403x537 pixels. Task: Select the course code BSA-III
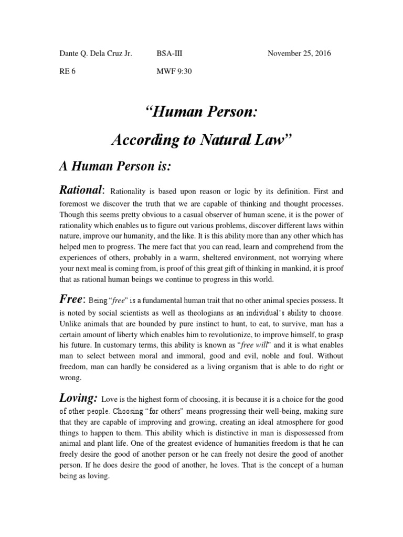click(x=169, y=53)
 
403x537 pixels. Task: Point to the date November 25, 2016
click(x=299, y=53)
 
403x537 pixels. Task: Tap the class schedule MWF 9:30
click(x=175, y=72)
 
